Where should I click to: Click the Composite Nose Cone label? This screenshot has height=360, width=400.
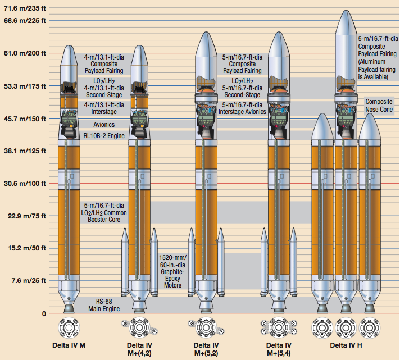[379, 106]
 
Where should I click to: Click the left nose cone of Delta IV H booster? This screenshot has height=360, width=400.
[322, 126]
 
